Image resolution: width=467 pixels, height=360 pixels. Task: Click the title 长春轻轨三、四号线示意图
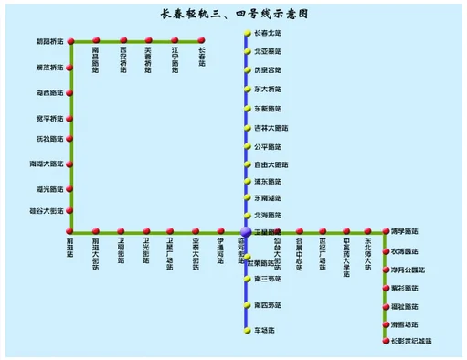pyautogui.click(x=233, y=15)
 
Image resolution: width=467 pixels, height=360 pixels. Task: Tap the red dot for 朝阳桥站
pyautogui.click(x=70, y=41)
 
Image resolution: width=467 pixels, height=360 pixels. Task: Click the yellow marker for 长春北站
pyautogui.click(x=246, y=34)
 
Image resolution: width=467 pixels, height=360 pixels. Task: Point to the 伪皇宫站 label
pyautogui.click(x=267, y=69)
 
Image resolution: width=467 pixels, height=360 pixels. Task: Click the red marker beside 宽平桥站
pyautogui.click(x=70, y=118)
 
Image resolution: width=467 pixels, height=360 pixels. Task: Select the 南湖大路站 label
pyautogui.click(x=48, y=164)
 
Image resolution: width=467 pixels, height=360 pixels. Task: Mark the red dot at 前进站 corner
pyautogui.click(x=70, y=232)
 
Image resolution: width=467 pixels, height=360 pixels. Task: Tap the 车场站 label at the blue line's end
pyautogui.click(x=265, y=329)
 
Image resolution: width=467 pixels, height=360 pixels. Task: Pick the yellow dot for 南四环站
pyautogui.click(x=246, y=304)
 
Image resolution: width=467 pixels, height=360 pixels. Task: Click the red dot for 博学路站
pyautogui.click(x=385, y=232)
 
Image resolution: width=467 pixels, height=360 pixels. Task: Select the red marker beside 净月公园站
pyautogui.click(x=385, y=270)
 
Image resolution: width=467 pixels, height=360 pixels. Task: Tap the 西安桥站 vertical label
pyautogui.click(x=122, y=61)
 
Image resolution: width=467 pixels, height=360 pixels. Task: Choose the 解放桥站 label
pyautogui.click(x=49, y=68)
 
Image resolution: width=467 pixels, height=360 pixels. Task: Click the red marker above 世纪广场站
pyautogui.click(x=322, y=232)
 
